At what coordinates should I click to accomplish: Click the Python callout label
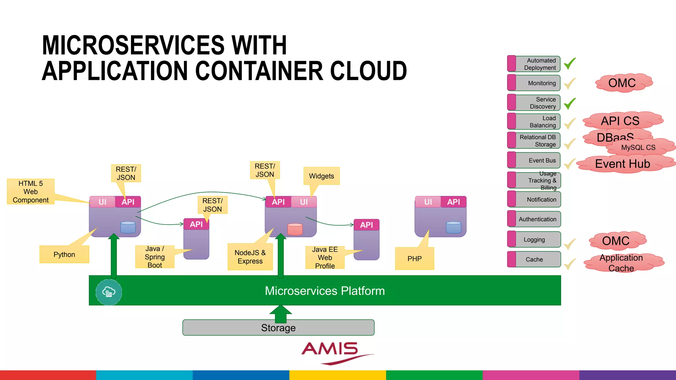click(64, 254)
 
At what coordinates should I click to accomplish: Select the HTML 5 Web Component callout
click(31, 192)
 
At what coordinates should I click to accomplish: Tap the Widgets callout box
click(321, 176)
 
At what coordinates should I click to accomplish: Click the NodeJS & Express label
click(250, 257)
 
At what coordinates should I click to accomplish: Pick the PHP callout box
click(415, 259)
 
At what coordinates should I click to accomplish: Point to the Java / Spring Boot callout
click(155, 257)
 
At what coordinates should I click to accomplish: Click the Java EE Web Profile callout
click(325, 258)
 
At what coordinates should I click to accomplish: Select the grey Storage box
click(278, 328)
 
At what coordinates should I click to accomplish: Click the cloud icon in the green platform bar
click(109, 292)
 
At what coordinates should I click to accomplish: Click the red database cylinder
click(295, 229)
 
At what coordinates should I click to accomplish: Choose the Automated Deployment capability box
click(534, 64)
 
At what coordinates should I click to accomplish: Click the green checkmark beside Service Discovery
click(570, 104)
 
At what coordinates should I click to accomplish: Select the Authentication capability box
click(534, 219)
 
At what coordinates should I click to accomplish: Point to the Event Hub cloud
click(623, 164)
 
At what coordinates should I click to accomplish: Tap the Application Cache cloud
click(621, 263)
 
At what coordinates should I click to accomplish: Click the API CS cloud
click(620, 121)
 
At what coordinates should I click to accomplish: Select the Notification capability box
click(534, 200)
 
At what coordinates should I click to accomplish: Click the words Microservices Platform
click(325, 291)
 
